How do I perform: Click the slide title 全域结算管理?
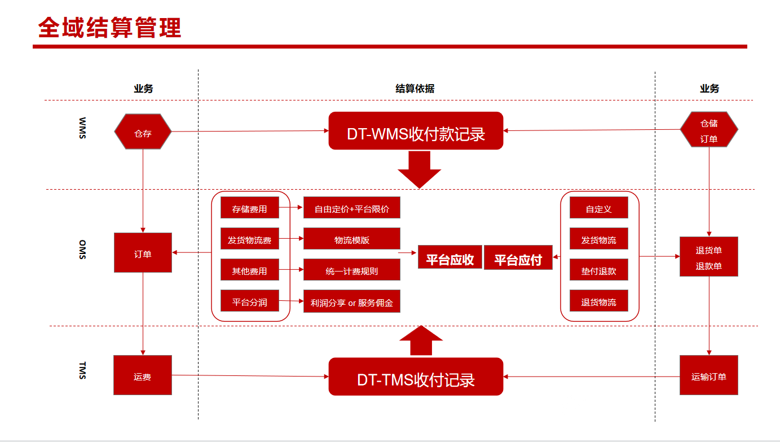[x=110, y=28]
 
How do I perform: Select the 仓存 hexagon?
[x=143, y=132]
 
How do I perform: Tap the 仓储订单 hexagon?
[x=709, y=130]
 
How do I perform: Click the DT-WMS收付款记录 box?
[x=416, y=131]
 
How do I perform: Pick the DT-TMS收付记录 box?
[x=416, y=377]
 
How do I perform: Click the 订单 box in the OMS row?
[x=143, y=253]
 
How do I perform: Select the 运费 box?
[x=143, y=375]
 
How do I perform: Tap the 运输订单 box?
[x=708, y=375]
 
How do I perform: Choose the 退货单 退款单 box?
[x=708, y=257]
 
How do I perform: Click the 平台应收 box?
[x=450, y=257]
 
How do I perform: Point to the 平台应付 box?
[x=518, y=258]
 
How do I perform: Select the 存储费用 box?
[x=249, y=208]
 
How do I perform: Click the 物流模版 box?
[x=352, y=239]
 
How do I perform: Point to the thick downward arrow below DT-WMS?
[x=419, y=169]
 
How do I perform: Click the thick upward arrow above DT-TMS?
[x=421, y=341]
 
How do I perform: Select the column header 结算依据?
[x=415, y=89]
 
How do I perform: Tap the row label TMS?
[x=82, y=370]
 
